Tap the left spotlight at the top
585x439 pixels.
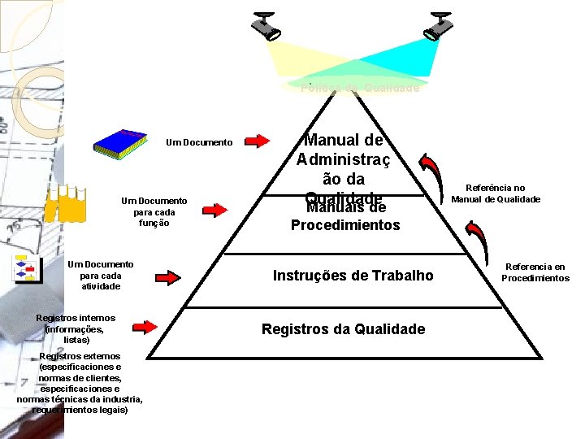266,26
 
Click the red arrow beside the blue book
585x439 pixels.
258,141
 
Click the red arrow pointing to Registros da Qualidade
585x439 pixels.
145,328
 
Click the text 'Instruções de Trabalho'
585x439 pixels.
353,276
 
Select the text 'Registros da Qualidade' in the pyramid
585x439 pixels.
343,328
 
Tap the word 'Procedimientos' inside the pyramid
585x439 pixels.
345,225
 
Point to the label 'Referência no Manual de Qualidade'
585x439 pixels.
495,193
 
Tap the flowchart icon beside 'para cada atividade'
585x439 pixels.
28,270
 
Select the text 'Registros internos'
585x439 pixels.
76,318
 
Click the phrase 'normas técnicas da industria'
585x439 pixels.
80,398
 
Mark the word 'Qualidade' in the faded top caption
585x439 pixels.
392,88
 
